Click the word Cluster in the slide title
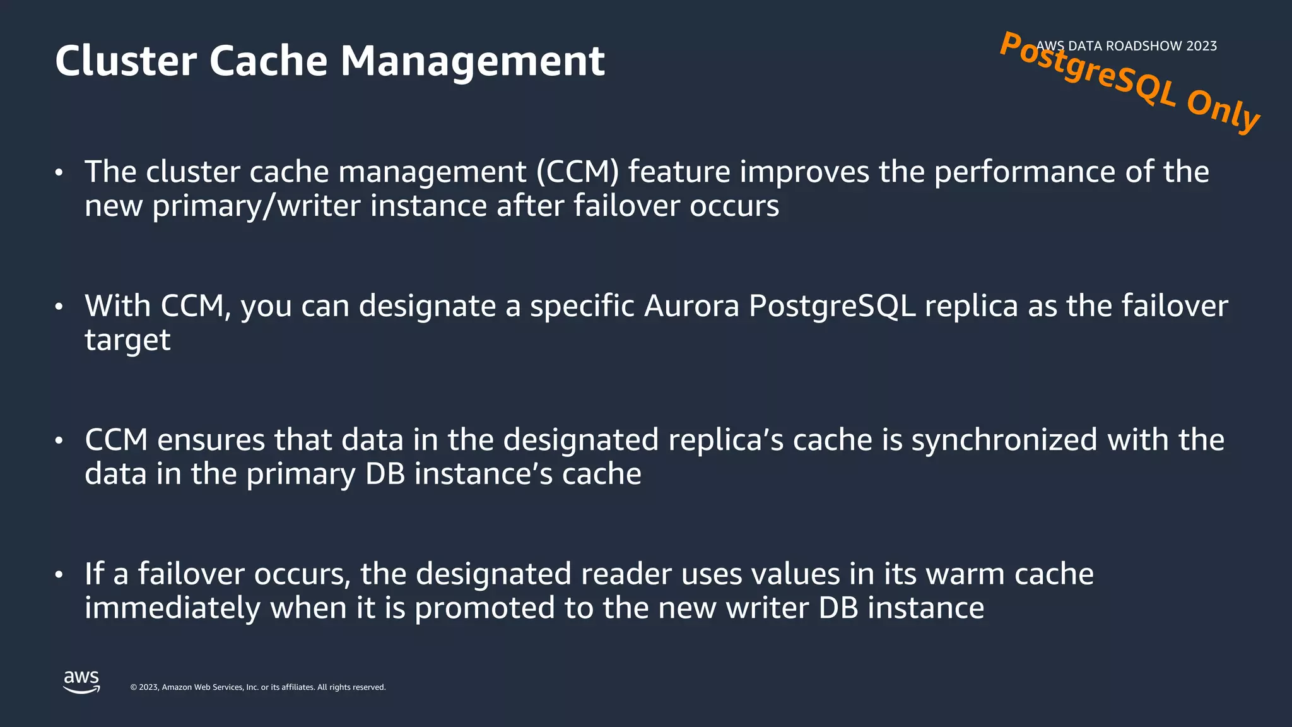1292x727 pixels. click(x=126, y=61)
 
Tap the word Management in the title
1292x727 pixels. click(x=473, y=61)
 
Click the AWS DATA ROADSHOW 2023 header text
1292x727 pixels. click(x=1127, y=46)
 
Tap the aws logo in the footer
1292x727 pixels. click(x=81, y=682)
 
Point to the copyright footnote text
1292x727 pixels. click(x=257, y=687)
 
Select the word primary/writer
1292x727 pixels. click(x=256, y=206)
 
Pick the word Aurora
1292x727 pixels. click(x=691, y=306)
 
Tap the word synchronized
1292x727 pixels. click(x=1004, y=440)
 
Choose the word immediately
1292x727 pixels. click(x=172, y=608)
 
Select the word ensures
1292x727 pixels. click(x=211, y=440)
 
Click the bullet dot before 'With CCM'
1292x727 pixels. click(x=59, y=307)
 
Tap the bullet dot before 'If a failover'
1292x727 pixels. click(x=59, y=575)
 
